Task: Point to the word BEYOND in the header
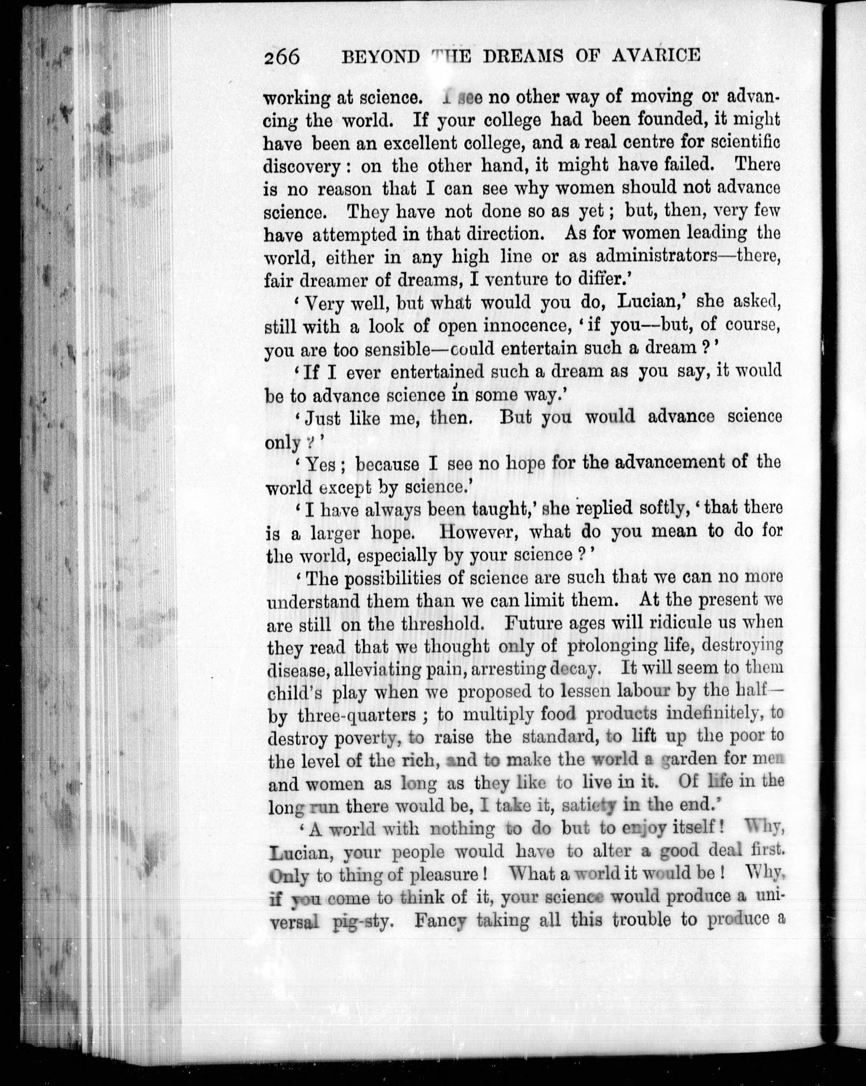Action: point(380,56)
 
